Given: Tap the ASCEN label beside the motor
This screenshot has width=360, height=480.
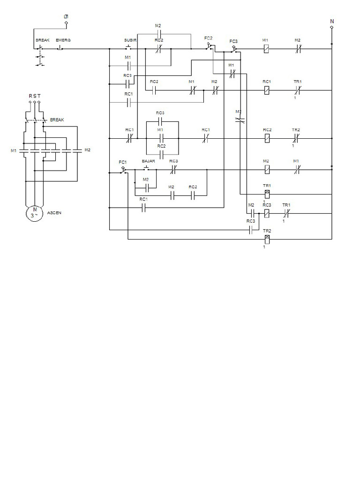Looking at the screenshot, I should pos(54,212).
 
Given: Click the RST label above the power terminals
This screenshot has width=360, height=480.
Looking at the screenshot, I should pos(35,96).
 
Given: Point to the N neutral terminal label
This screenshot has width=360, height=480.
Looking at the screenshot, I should pos(332,21).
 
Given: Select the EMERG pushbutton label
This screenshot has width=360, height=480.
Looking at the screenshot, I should pos(63,40).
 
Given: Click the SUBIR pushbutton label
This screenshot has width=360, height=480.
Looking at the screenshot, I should pos(130,40).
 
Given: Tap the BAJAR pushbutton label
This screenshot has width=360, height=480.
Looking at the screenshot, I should pos(148,161).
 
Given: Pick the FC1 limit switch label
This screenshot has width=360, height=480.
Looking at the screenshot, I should pos(122,162).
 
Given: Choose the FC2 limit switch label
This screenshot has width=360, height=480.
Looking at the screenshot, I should pos(209,37).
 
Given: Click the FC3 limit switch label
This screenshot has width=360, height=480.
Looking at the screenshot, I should pos(233,41).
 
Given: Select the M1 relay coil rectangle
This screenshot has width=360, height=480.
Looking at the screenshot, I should pos(266,48).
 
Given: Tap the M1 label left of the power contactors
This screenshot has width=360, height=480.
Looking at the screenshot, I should pos(13,150).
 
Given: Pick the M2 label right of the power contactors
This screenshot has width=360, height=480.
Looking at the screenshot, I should pos(87,150).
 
